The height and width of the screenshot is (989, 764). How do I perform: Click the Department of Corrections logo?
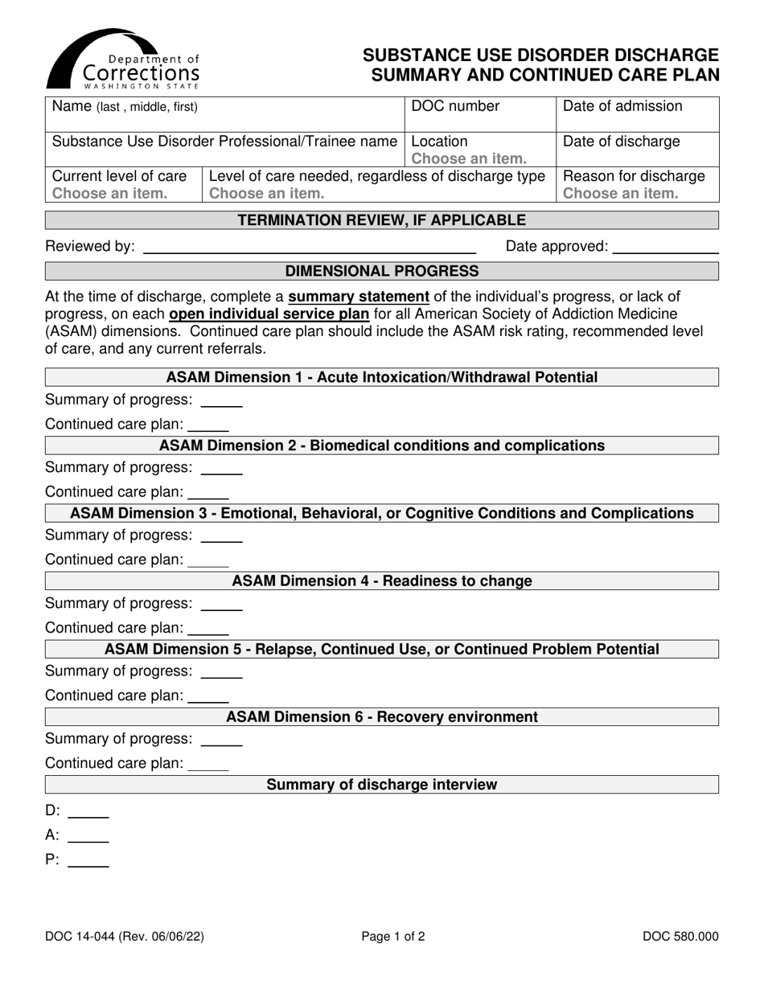(123, 60)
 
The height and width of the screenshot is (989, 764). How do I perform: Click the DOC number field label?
(455, 106)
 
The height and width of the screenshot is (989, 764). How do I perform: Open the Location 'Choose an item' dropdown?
(469, 158)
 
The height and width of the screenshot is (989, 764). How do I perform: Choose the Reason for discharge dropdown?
(621, 193)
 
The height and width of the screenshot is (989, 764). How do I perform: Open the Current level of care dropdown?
(110, 193)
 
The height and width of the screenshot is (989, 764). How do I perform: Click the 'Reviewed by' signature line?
(309, 248)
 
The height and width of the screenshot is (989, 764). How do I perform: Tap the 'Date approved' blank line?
(665, 248)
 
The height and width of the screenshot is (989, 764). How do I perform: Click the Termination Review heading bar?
(382, 220)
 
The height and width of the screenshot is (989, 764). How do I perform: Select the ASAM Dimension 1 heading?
(382, 377)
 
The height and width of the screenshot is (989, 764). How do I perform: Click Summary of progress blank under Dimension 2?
(221, 468)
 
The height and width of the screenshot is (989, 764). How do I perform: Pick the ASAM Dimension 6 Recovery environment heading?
(382, 716)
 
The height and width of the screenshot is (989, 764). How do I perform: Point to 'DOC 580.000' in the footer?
(680, 936)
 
